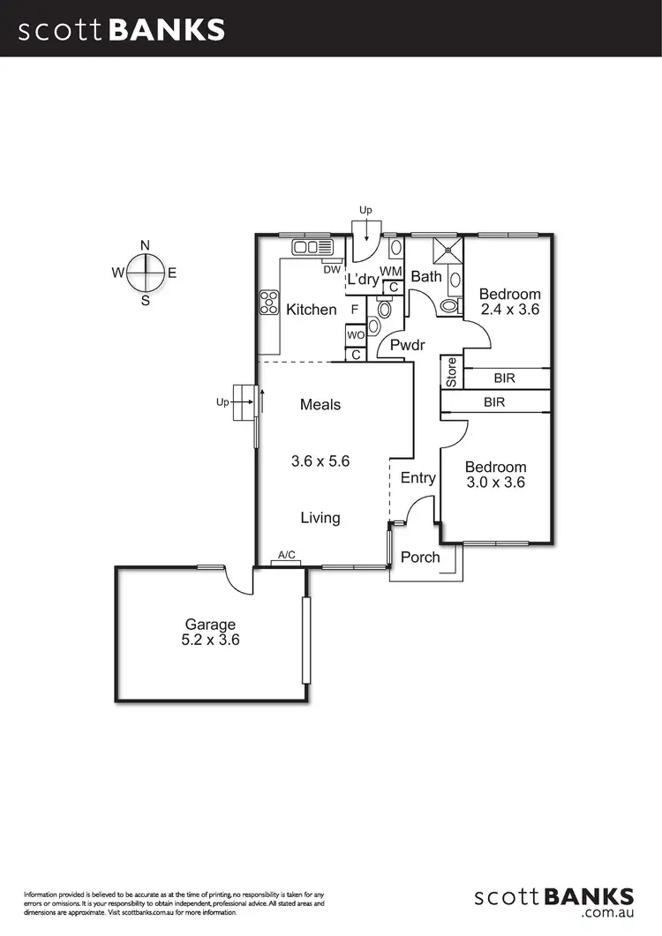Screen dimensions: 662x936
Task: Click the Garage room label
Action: click(210, 624)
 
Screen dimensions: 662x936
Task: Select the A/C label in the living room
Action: click(286, 555)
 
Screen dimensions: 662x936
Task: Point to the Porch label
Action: click(420, 558)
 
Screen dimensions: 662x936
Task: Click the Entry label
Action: click(418, 478)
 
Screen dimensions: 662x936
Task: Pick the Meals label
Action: click(320, 405)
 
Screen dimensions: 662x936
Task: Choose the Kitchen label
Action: click(312, 309)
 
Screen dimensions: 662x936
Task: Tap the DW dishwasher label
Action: click(332, 269)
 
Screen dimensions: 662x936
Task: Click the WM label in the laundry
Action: click(391, 270)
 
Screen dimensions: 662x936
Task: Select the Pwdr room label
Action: click(409, 346)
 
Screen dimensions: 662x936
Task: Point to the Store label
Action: click(452, 372)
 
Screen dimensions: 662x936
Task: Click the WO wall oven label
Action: click(356, 335)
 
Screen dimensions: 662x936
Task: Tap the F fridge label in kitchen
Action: click(355, 310)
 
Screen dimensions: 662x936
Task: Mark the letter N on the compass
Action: click(146, 245)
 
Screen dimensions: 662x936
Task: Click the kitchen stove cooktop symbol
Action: click(268, 304)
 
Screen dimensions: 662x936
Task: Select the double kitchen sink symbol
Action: click(312, 246)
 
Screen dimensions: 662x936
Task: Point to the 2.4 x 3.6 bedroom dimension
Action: click(510, 310)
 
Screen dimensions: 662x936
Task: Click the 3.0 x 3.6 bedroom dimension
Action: click(496, 483)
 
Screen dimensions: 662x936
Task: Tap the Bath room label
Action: click(426, 277)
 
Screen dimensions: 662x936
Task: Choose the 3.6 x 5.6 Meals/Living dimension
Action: click(320, 461)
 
